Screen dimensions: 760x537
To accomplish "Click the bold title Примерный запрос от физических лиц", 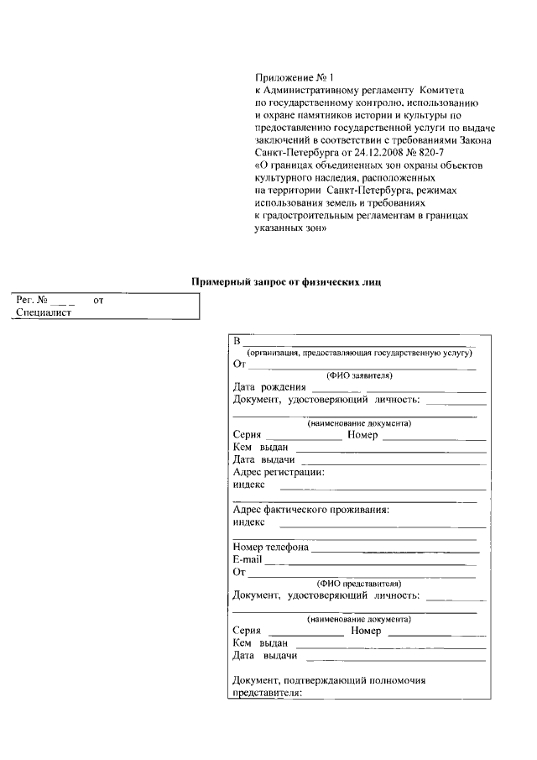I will point(286,282).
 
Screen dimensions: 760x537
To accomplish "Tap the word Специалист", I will point(44,312).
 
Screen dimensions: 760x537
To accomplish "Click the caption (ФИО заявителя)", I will point(359,375).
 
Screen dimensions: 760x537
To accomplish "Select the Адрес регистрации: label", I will point(279,472).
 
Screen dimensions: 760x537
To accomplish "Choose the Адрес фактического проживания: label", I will point(310,509).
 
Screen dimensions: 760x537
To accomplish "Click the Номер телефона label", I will point(270,548).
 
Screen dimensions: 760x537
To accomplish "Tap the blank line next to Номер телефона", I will point(394,549).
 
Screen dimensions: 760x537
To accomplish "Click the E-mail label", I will point(248,559).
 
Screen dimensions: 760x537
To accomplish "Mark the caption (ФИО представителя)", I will point(359,583).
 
